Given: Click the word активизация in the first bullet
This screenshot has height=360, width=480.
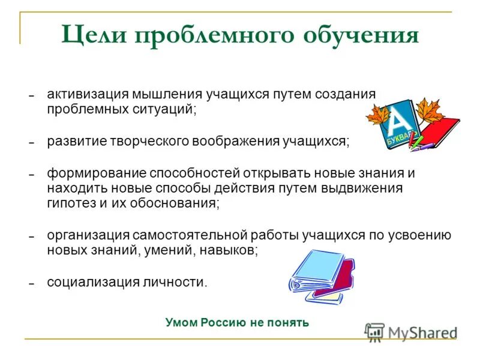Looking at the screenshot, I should [83, 94].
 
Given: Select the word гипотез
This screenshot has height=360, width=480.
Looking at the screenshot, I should [71, 203].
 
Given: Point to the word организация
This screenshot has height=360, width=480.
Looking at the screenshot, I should [85, 235].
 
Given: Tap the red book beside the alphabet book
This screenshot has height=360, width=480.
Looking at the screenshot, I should [441, 129].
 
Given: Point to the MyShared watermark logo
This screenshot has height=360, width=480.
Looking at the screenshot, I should [411, 332].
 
